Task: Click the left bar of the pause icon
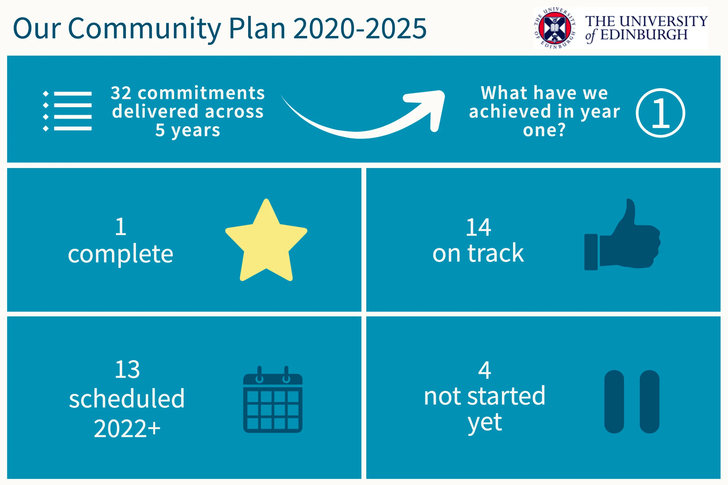[614, 401]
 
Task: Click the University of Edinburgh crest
[555, 28]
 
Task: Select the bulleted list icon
[67, 111]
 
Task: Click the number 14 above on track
[478, 227]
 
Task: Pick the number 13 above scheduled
[127, 370]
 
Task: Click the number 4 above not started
[484, 370]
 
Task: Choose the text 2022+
[127, 429]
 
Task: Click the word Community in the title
[144, 29]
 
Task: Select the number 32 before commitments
[121, 93]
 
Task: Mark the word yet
[484, 422]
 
